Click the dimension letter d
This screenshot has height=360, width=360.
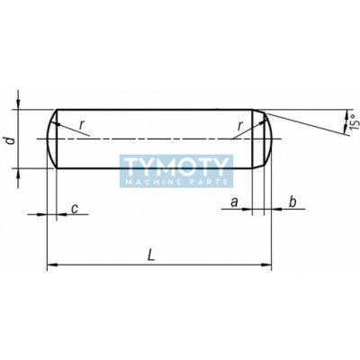pos(11,140)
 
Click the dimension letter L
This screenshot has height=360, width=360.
pos(152,256)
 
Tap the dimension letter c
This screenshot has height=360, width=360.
pos(75,209)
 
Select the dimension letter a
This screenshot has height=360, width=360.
pos(234,202)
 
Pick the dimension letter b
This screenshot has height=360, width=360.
pos(292,202)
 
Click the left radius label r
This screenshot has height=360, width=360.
pos(81,126)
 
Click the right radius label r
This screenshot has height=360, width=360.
pos(239,126)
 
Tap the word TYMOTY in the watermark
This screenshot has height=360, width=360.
pos(176,166)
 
